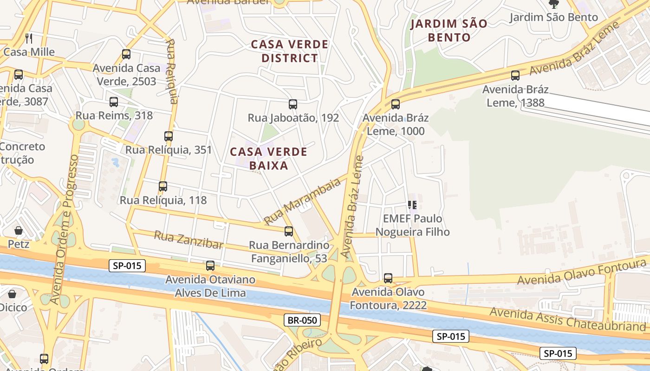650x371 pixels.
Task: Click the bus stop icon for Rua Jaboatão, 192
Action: [x=292, y=104]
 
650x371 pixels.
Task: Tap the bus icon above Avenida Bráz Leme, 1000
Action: [x=395, y=104]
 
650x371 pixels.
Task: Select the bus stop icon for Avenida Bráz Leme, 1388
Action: [x=515, y=76]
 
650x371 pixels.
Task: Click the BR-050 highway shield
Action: [x=302, y=320]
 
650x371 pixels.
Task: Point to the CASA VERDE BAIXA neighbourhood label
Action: [x=268, y=159]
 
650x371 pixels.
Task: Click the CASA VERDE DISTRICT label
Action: [x=289, y=51]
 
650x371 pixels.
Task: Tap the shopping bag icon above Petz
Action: [x=19, y=230]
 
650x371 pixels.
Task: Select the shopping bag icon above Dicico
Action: [x=12, y=294]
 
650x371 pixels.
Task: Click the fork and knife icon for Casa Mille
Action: [x=29, y=38]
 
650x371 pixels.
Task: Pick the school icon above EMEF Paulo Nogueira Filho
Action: [x=412, y=205]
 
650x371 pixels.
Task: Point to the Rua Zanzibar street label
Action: [x=188, y=240]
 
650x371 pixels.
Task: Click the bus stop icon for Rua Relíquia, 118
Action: [x=162, y=186]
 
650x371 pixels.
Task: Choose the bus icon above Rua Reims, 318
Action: [x=114, y=102]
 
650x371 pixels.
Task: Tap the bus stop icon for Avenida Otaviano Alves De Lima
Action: [x=210, y=266]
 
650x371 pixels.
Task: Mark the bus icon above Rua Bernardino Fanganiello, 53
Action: [x=289, y=231]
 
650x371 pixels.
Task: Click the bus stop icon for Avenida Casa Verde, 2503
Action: [x=126, y=54]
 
